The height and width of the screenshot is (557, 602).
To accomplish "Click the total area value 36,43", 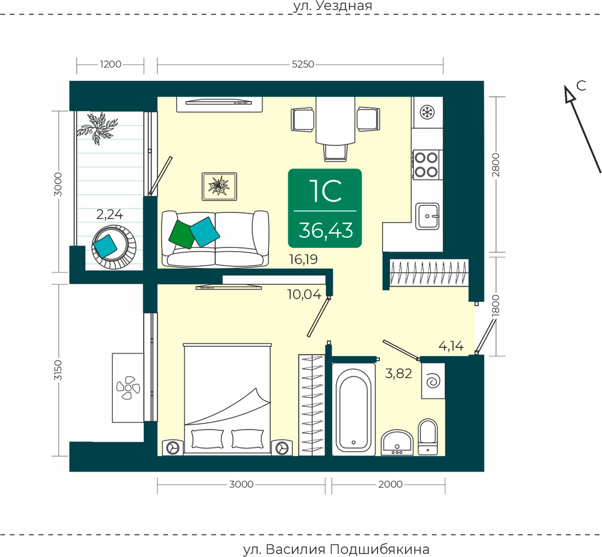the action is click(x=325, y=230).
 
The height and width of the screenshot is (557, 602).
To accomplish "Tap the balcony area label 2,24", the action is click(x=109, y=214).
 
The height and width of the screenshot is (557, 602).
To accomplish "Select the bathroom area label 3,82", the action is click(x=398, y=373).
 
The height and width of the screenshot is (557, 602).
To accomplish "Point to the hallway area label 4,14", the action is click(x=451, y=346).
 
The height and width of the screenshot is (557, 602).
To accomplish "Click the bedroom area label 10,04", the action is click(x=304, y=294).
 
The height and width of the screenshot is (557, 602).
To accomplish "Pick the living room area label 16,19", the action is click(x=303, y=259).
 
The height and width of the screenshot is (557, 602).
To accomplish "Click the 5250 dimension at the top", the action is click(x=303, y=64).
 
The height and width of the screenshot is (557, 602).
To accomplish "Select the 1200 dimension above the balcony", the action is click(x=111, y=64).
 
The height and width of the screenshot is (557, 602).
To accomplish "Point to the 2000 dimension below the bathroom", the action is click(x=391, y=485).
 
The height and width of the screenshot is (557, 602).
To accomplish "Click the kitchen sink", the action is click(x=427, y=216).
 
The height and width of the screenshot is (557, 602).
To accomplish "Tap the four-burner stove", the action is click(x=427, y=164).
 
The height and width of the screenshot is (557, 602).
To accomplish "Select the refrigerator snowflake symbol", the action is click(x=426, y=112).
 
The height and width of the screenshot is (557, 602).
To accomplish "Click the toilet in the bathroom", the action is click(x=427, y=437).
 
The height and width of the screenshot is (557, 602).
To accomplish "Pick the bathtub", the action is click(x=353, y=410).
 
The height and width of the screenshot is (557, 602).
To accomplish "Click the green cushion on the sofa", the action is click(x=182, y=234).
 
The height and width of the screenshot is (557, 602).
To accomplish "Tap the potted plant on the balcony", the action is click(x=97, y=128).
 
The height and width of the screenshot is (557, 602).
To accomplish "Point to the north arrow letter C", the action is click(x=581, y=85).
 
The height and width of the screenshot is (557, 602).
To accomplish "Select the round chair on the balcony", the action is click(x=114, y=247).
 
